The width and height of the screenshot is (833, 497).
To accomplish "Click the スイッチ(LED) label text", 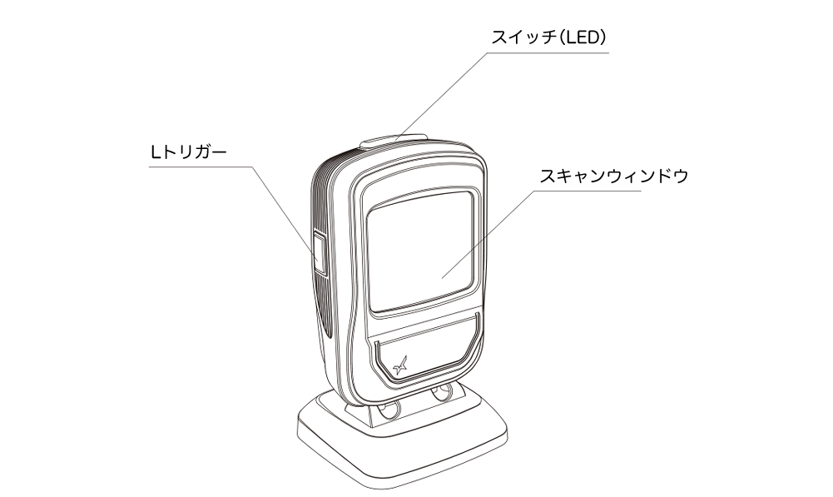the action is [548, 37].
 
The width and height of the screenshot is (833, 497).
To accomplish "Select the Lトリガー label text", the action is [188, 152].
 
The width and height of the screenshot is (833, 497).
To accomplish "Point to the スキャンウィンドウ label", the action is [614, 176].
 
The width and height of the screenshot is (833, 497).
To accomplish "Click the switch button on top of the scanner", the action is [393, 141].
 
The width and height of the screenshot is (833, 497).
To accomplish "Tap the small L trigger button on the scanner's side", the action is [319, 253].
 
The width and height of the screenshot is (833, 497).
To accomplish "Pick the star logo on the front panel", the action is [401, 365].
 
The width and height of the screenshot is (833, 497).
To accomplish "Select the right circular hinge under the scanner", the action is [442, 394].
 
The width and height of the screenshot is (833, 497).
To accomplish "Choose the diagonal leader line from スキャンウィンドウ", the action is [487, 235].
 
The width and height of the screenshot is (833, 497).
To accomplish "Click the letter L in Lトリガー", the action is [155, 153].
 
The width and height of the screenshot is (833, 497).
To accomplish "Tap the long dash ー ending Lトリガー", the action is [218, 153].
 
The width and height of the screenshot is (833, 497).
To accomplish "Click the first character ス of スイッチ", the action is [499, 38].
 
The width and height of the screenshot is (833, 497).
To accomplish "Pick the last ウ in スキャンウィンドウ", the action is [681, 176].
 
